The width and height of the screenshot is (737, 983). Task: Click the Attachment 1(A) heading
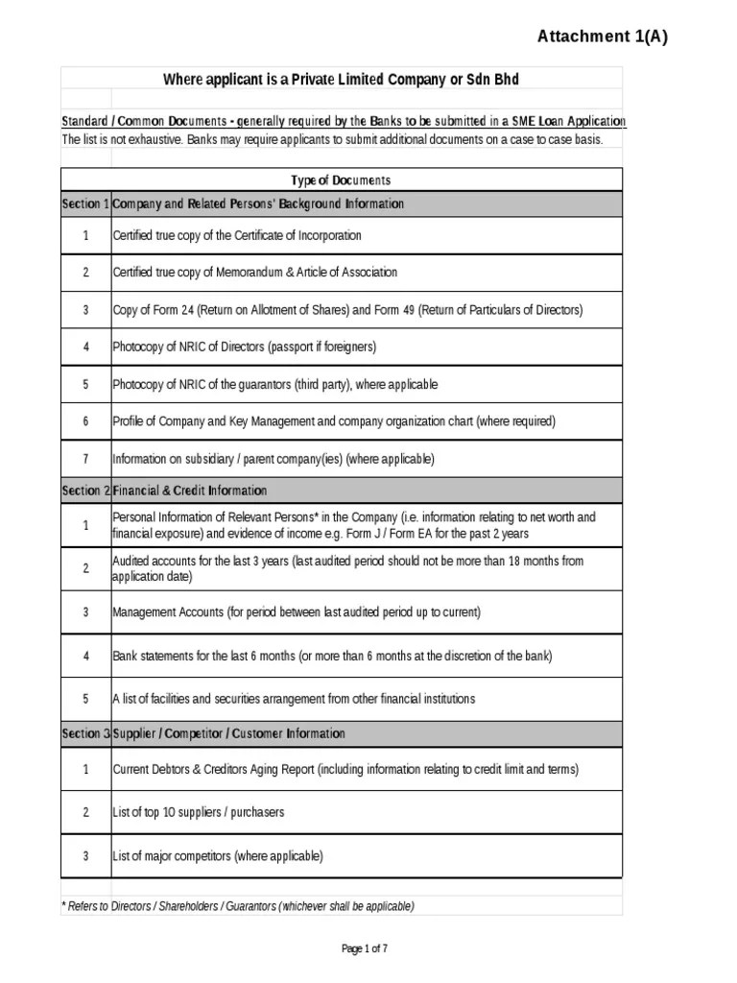click(602, 36)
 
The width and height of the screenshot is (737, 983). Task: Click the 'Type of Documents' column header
click(341, 180)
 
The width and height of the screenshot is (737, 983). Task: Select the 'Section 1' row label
click(85, 204)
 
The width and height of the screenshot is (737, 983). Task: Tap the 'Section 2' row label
click(85, 491)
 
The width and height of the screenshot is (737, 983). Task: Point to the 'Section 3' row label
click(85, 733)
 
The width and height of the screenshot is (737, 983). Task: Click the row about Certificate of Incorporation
click(237, 235)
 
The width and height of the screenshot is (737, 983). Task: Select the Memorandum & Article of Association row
click(254, 273)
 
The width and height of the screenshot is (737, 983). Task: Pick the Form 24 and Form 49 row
click(347, 310)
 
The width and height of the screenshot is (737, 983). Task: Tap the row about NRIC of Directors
click(245, 347)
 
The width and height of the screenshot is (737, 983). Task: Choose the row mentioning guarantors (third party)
click(274, 384)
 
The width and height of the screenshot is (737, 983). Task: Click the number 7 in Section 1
click(85, 459)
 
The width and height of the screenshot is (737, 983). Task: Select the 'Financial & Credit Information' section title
click(190, 491)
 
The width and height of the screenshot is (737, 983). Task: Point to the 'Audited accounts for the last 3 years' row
click(347, 568)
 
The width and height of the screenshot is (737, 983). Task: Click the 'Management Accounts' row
click(297, 611)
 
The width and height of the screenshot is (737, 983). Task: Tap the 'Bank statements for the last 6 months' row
click(332, 656)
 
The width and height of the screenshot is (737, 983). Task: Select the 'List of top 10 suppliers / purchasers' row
click(199, 812)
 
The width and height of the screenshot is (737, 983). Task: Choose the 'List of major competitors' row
click(218, 855)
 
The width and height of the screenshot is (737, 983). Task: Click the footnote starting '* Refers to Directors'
click(238, 906)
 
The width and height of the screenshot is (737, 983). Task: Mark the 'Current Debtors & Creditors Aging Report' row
click(345, 769)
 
